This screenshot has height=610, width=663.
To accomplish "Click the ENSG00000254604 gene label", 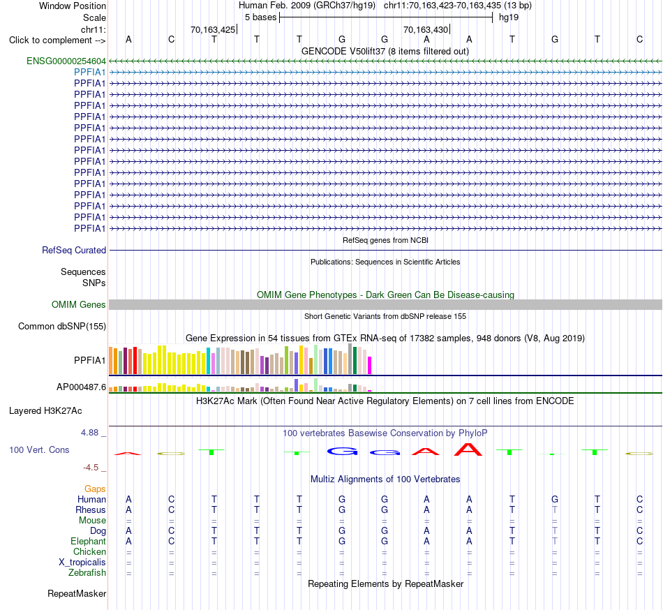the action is click(x=66, y=61).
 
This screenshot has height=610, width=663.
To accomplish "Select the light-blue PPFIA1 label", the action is click(x=89, y=73).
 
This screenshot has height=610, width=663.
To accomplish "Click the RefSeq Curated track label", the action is click(x=74, y=251).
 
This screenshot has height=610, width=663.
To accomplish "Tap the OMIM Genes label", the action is click(x=79, y=305).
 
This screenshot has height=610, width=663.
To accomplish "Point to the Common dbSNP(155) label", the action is click(x=62, y=327).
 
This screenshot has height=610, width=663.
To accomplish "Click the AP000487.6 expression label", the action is click(x=81, y=387).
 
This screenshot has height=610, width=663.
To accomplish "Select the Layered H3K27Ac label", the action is click(x=45, y=411).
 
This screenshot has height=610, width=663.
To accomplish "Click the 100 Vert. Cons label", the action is click(x=39, y=449).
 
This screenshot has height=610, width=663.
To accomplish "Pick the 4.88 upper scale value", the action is click(x=89, y=433).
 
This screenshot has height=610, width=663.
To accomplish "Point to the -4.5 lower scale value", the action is click(x=91, y=467).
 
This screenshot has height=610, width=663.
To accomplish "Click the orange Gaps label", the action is click(x=95, y=489).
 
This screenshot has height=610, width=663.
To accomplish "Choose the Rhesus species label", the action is click(x=91, y=509).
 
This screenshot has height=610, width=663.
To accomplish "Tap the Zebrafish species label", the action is click(x=87, y=573).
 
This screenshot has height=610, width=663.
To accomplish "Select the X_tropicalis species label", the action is click(x=82, y=563).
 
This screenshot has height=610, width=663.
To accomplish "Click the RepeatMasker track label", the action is click(x=77, y=594).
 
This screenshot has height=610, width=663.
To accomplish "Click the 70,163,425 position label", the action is click(x=213, y=29).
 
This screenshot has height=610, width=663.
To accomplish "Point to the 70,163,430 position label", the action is click(x=426, y=29).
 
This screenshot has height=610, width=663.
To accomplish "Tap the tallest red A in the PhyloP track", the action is click(x=468, y=449).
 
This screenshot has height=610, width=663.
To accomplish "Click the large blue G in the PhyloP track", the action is click(x=342, y=452).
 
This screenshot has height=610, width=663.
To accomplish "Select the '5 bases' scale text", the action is click(x=260, y=17).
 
